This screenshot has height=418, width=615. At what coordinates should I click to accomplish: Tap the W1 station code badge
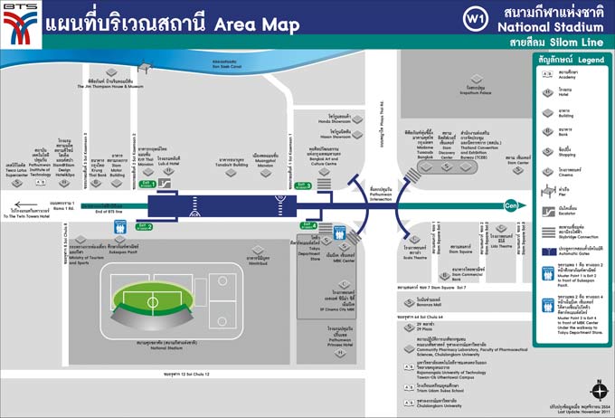473,18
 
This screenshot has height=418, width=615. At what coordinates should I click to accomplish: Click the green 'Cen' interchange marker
513,204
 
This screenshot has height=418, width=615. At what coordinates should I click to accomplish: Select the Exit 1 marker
147,184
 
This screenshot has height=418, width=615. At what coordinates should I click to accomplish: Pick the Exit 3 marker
302,185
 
